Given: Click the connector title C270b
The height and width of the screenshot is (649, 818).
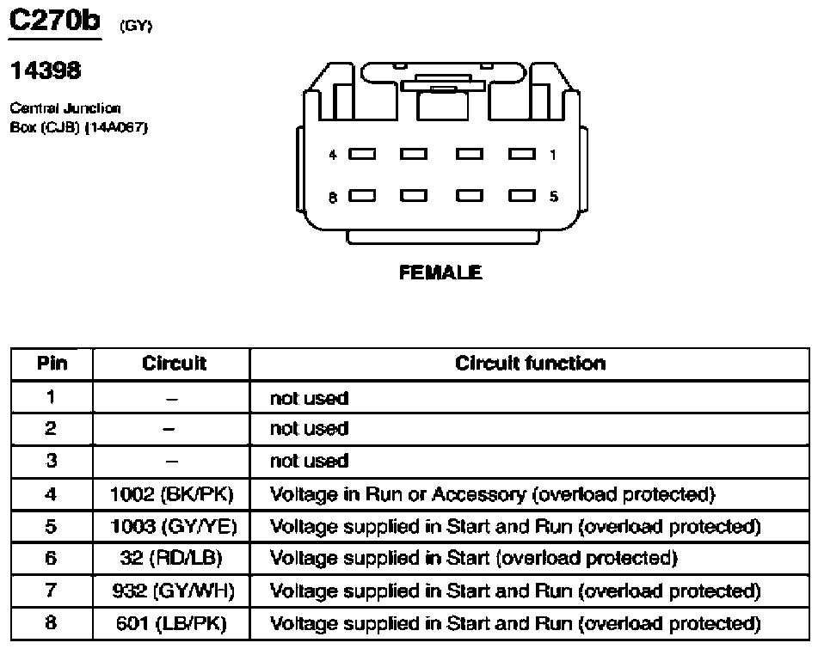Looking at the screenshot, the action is [x=54, y=21].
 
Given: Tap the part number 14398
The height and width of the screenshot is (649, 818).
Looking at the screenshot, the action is [x=46, y=70].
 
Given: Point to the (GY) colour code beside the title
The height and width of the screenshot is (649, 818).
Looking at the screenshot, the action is [x=136, y=26].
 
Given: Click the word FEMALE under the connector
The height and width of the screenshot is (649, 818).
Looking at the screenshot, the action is [x=440, y=272].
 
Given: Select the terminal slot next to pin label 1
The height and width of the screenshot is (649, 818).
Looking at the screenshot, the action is [x=522, y=154].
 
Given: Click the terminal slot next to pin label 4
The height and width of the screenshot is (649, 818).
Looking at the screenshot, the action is [x=362, y=154].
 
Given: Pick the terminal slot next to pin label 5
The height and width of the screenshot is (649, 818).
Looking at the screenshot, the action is [x=522, y=195].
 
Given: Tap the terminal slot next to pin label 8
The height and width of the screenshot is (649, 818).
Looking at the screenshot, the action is [x=362, y=195].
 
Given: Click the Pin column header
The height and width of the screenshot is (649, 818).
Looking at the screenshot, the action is [x=52, y=364].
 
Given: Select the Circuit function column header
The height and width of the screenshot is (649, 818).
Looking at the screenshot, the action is [x=530, y=364].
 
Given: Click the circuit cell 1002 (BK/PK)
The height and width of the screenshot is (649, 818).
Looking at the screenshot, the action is [x=172, y=494].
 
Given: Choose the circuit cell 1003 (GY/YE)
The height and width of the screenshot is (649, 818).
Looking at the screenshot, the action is [x=174, y=526].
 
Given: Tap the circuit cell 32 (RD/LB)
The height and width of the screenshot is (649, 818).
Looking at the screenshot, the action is [x=171, y=558].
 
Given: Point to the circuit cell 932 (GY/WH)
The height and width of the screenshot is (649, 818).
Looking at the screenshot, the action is [x=173, y=591].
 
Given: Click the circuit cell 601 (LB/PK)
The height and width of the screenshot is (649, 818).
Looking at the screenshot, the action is [x=171, y=623].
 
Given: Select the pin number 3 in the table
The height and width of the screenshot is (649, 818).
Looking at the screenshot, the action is [x=51, y=461].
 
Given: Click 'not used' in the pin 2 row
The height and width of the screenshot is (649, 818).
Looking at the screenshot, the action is [x=309, y=429].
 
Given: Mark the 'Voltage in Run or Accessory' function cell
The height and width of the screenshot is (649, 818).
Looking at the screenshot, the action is [x=492, y=494].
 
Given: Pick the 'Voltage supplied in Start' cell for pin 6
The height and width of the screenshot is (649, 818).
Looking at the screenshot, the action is [x=473, y=558].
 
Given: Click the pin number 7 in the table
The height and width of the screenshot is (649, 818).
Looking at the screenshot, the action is [x=51, y=590].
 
